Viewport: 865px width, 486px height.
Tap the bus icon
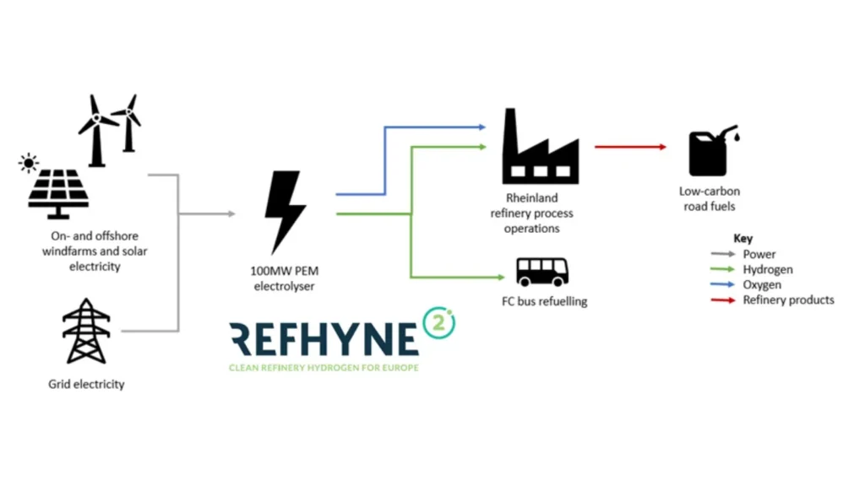click(542, 271)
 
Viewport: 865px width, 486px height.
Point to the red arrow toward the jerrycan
click(629, 147)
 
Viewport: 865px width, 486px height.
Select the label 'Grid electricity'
click(86, 385)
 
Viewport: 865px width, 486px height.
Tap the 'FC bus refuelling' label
click(544, 301)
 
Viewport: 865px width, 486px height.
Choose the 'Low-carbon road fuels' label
click(709, 199)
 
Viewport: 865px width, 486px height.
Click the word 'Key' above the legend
click(743, 239)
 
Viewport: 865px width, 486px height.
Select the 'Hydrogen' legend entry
click(767, 270)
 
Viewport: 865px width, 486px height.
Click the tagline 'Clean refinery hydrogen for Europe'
click(324, 368)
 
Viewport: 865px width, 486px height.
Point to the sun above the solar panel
click(30, 162)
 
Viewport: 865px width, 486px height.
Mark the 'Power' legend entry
click(759, 255)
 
